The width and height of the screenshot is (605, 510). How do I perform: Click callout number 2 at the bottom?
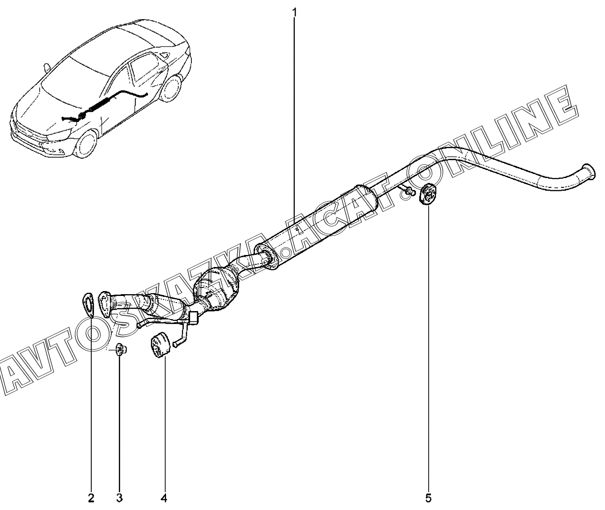(91, 498)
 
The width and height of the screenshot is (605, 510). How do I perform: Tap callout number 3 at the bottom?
(120, 498)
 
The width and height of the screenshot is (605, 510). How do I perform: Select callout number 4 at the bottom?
(164, 498)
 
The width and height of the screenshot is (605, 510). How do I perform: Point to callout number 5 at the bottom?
(428, 498)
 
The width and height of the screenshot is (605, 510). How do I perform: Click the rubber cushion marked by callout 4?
(159, 345)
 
